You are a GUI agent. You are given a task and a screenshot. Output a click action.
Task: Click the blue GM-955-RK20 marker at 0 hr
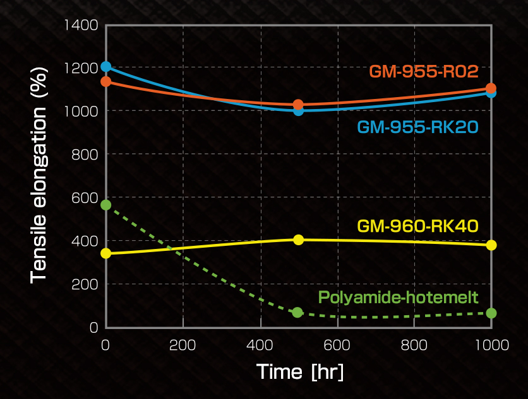click(106, 66)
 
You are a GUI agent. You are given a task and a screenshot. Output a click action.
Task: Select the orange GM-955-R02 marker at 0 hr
click(106, 81)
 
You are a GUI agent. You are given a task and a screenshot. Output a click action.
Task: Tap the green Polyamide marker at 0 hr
click(106, 205)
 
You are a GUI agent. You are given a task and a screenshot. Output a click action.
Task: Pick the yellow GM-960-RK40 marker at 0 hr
click(106, 253)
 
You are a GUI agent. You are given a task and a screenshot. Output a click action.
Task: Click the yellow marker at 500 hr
click(299, 240)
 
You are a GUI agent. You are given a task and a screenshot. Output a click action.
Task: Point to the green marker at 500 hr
click(297, 313)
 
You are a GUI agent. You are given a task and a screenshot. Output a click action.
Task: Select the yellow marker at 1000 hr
click(491, 245)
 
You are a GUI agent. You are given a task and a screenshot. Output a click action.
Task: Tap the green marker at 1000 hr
click(491, 313)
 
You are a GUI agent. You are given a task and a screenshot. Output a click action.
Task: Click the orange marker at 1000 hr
click(491, 88)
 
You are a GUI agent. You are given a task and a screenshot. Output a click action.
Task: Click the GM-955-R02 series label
click(423, 71)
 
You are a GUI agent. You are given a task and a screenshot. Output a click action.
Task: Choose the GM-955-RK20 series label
click(417, 127)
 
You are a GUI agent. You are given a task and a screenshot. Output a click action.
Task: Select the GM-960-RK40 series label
click(417, 225)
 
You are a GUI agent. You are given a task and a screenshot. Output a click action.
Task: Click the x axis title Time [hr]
click(300, 371)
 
